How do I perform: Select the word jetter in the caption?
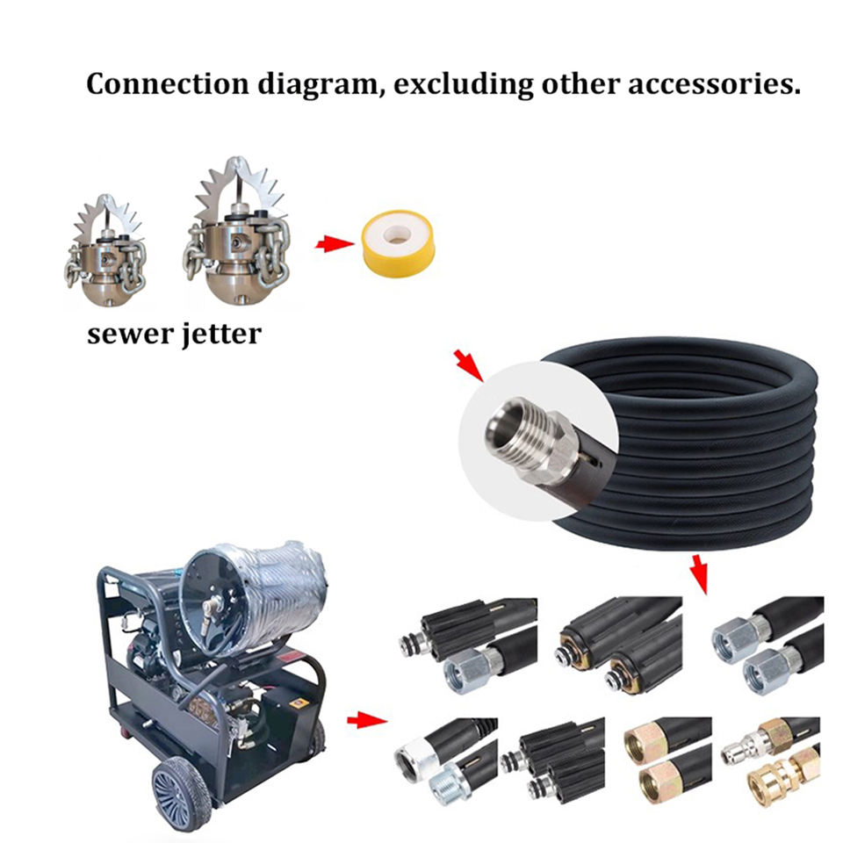(x=219, y=335)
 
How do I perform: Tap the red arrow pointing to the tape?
(x=331, y=243)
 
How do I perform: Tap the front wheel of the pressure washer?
(x=183, y=794)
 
